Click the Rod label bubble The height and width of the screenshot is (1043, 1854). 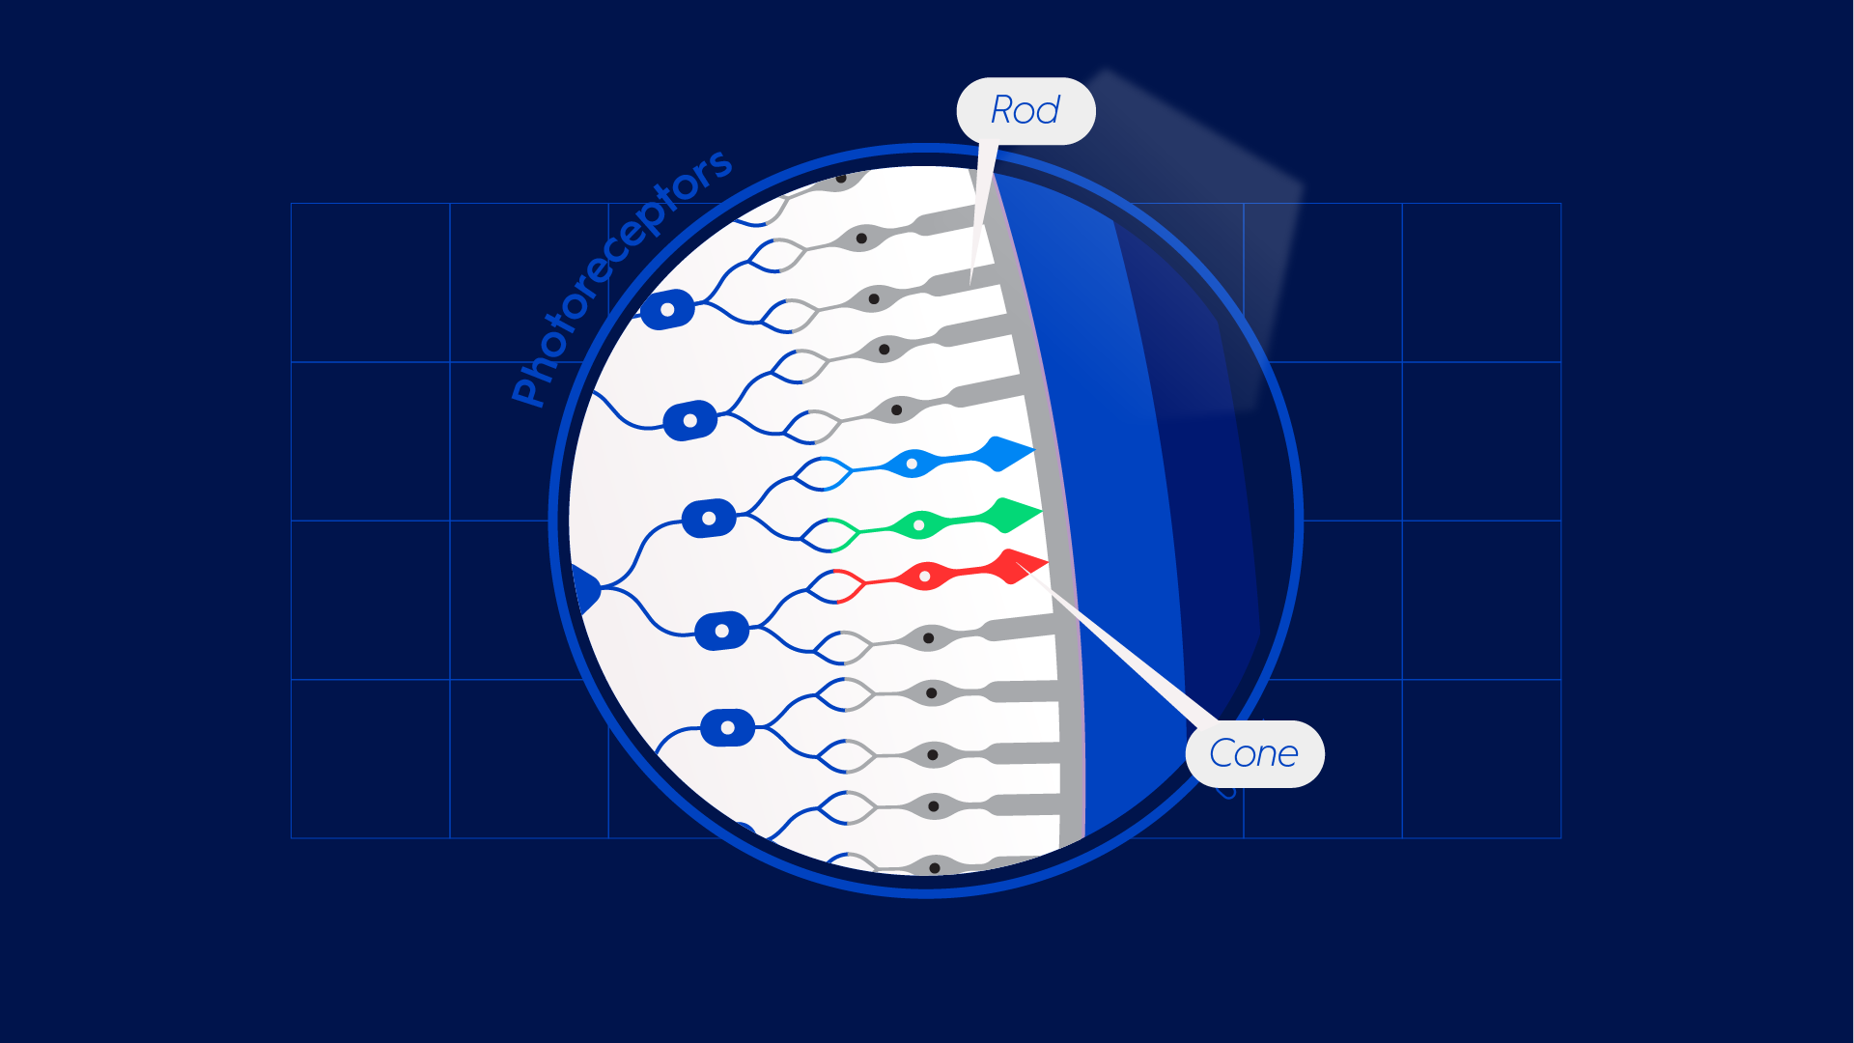[1025, 111]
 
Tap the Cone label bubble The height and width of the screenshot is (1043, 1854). [1254, 754]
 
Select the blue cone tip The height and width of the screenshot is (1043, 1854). [1009, 453]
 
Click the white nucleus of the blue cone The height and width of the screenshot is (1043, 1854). [912, 465]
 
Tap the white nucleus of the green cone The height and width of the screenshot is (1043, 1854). [919, 525]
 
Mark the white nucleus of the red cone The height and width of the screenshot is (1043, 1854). [925, 577]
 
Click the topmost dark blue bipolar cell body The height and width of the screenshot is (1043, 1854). [667, 310]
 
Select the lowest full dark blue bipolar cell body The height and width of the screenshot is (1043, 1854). [727, 727]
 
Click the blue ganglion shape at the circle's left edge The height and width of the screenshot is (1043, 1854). [584, 589]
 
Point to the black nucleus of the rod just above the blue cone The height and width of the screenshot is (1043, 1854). [896, 410]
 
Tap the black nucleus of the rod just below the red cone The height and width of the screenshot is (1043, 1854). [928, 638]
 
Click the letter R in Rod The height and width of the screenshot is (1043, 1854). [1002, 111]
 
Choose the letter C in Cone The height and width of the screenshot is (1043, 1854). [1222, 754]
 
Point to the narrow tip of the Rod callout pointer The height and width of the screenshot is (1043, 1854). [971, 281]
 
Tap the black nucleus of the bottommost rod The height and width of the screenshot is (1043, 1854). [934, 868]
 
